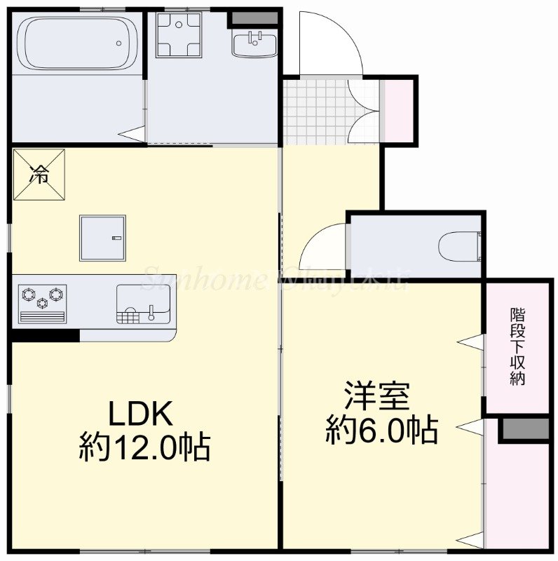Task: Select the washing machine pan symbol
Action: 178,34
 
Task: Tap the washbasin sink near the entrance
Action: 254,44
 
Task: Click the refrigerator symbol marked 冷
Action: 39,175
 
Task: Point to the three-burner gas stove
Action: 42,304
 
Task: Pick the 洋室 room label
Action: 377,397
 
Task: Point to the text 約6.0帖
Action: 381,429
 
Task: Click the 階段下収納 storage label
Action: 518,346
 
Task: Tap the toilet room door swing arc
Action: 322,245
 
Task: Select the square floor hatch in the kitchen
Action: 102,238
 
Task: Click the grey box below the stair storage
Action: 524,430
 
